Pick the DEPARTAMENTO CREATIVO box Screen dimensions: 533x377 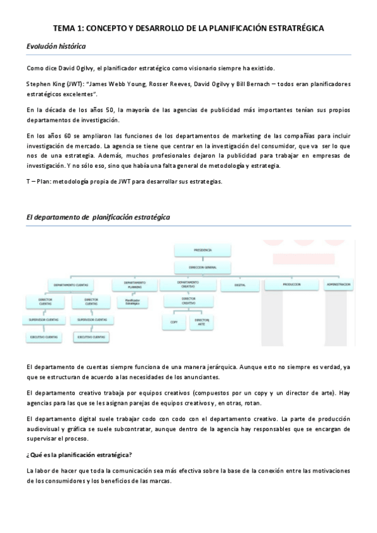click(188, 285)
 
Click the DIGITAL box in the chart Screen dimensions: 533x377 click(239, 285)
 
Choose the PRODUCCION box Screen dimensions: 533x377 click(290, 285)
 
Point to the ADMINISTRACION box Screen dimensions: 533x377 click(338, 285)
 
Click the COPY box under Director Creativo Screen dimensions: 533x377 click(174, 322)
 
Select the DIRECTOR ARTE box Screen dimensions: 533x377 click(201, 322)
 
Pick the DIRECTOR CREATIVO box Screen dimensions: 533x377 click(188, 302)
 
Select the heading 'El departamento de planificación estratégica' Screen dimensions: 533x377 click(98, 217)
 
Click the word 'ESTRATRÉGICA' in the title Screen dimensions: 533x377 click(295, 28)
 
